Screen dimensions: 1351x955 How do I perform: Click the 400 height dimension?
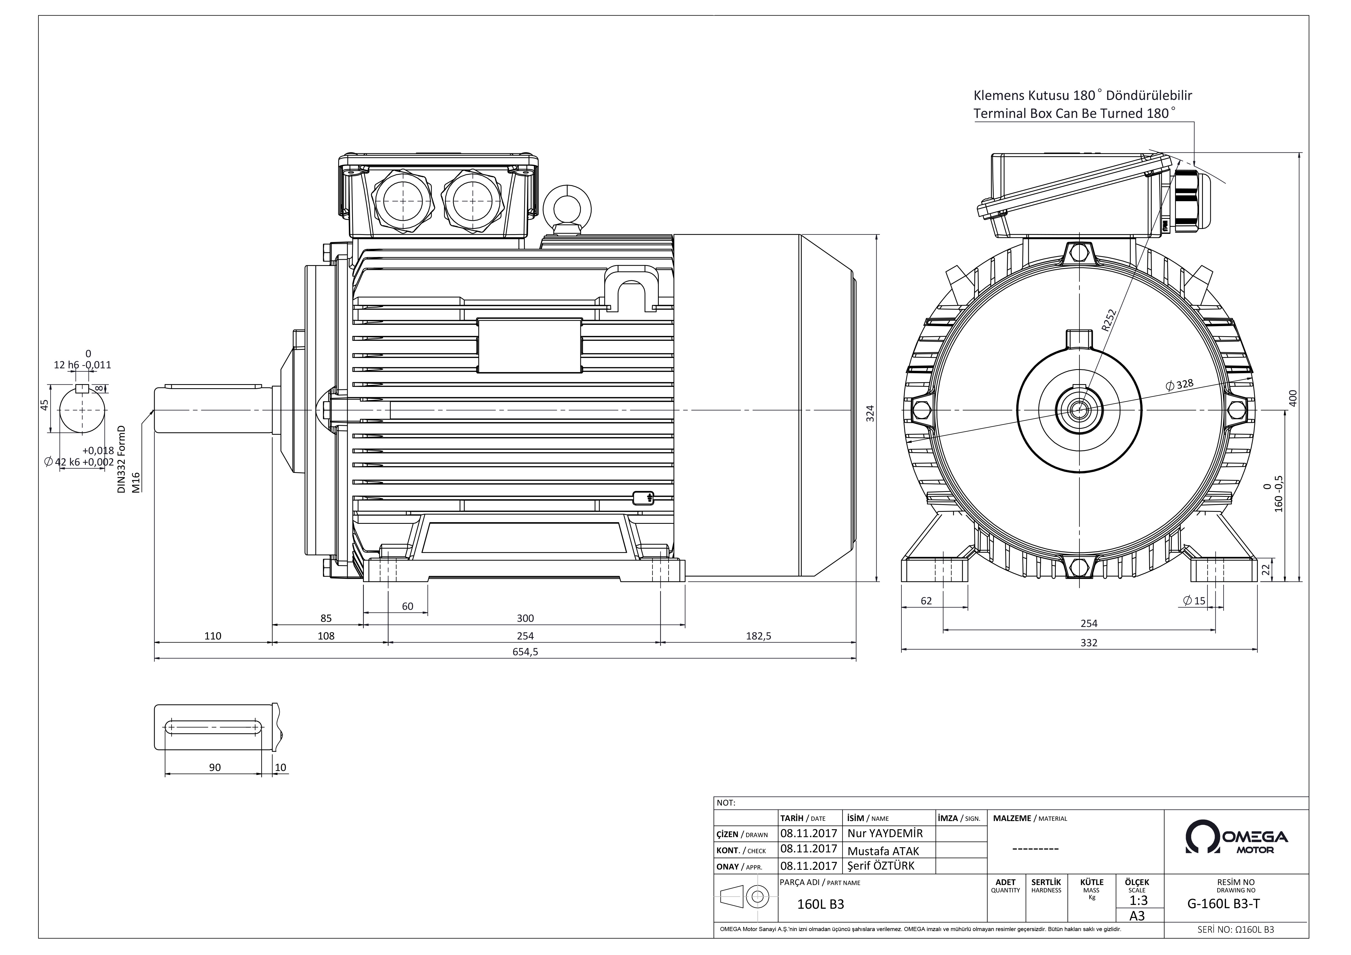(x=1293, y=398)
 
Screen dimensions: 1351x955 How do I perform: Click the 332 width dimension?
(x=1089, y=643)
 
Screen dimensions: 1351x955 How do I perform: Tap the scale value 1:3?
(x=1139, y=900)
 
